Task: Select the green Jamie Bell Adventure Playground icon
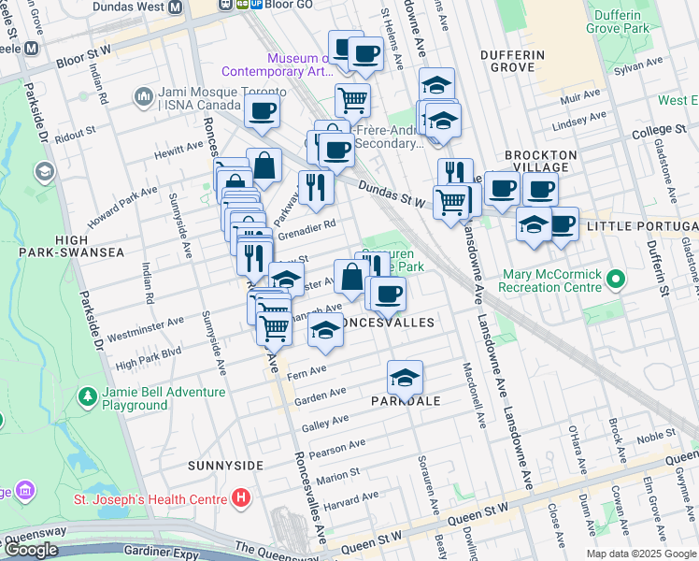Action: click(87, 398)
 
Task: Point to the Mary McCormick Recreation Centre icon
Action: click(614, 280)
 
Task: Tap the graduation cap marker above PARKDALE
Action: click(405, 377)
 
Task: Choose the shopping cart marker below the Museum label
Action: click(352, 99)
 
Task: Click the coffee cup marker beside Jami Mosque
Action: click(263, 112)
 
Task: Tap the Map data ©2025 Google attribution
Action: click(641, 554)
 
